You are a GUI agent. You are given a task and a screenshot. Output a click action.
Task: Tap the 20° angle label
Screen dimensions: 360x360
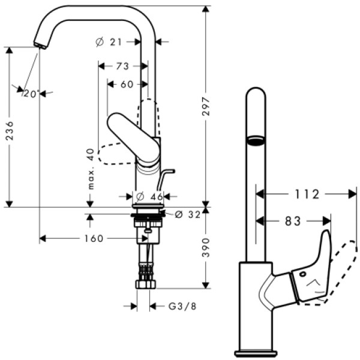coord(31,93)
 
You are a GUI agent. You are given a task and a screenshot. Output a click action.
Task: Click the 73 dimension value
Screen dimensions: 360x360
coord(122,65)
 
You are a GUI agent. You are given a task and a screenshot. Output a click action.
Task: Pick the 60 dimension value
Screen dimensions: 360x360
coord(127,85)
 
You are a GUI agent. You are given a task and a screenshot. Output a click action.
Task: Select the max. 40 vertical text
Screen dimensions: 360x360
coord(91,169)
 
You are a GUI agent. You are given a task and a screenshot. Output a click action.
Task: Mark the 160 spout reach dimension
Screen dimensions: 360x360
coord(94,238)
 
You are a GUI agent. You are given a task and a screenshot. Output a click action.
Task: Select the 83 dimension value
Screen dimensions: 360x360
coord(293,221)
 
